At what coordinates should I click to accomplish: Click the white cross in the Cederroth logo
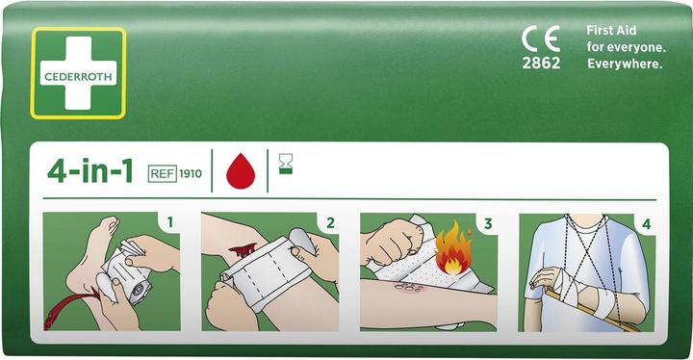(x=78, y=72)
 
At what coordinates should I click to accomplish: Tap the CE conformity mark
(x=540, y=39)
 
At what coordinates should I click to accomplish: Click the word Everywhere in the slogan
(x=626, y=64)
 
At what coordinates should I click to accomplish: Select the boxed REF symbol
(x=163, y=174)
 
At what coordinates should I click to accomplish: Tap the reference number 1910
(x=191, y=174)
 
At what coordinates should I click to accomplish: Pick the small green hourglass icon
(x=285, y=166)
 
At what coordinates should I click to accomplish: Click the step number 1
(x=170, y=224)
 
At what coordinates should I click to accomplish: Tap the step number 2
(x=330, y=224)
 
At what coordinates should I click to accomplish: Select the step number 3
(x=488, y=224)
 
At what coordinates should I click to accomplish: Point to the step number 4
(x=646, y=224)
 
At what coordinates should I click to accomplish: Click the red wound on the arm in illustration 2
(x=242, y=250)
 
